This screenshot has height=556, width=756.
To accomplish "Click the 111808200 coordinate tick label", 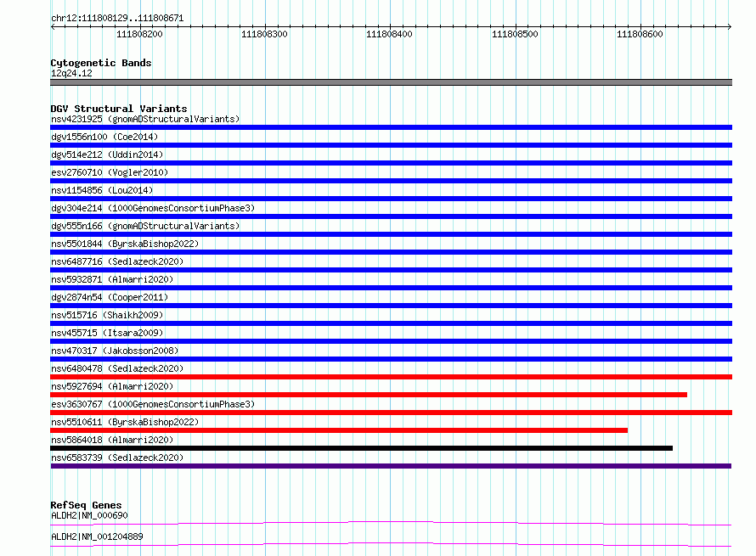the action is point(139,34).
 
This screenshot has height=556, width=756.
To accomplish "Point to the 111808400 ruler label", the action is point(389,34).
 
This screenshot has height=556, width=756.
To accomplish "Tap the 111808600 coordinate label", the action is point(640,34).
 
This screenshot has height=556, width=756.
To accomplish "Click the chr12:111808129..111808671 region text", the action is point(117,19).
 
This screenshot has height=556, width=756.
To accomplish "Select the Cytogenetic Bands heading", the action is point(101,63).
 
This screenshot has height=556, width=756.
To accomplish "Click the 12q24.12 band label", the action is point(71,73).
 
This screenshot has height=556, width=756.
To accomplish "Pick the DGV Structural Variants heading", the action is point(119,109).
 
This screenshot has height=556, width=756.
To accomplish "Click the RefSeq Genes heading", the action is point(86,505).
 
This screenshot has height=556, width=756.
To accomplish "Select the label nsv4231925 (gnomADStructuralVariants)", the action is point(145,119).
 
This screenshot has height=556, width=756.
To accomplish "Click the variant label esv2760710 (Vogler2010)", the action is point(110,172).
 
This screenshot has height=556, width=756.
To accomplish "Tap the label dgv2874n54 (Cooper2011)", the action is point(110,297).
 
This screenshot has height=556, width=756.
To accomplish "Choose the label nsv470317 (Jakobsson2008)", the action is point(115,351).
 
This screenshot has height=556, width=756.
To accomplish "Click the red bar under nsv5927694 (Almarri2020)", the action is point(369,395).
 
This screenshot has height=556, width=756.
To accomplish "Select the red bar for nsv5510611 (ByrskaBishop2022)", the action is point(339,430).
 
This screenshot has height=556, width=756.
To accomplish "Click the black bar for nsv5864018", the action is point(362,448).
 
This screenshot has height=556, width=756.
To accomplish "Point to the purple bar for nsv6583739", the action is point(391,466).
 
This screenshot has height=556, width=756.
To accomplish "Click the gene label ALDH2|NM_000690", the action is point(89,515).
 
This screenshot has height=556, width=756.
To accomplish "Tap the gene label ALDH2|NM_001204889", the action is point(97,536).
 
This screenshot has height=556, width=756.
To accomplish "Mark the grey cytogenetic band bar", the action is point(391,82).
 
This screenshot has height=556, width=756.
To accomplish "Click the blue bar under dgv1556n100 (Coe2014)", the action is point(391,145).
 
